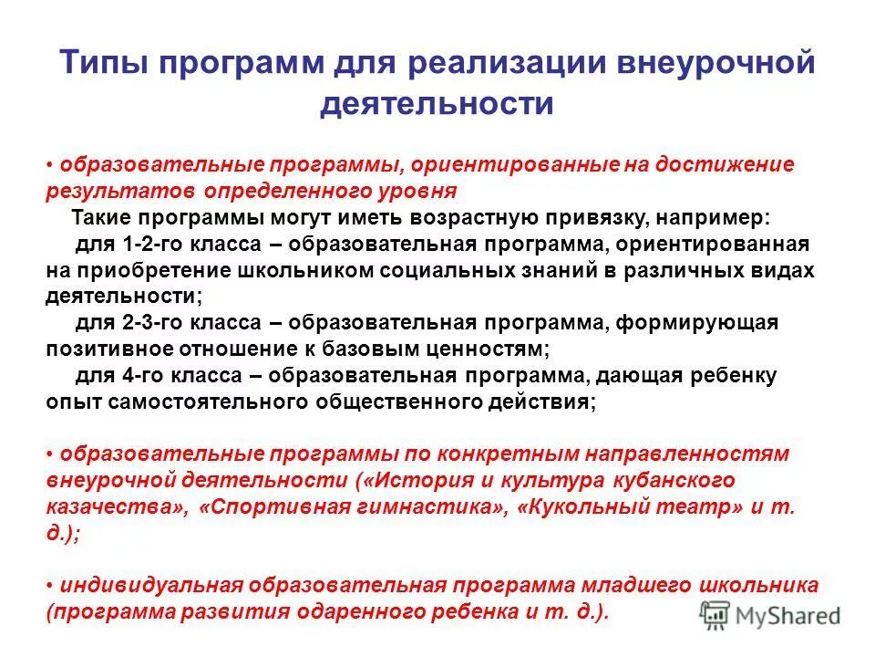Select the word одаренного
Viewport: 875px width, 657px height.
point(383,611)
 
